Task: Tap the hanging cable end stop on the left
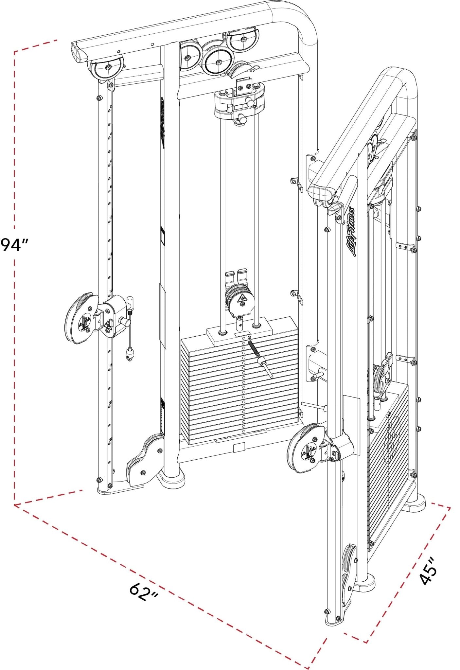point(130,353)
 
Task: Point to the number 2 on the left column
point(111,107)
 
